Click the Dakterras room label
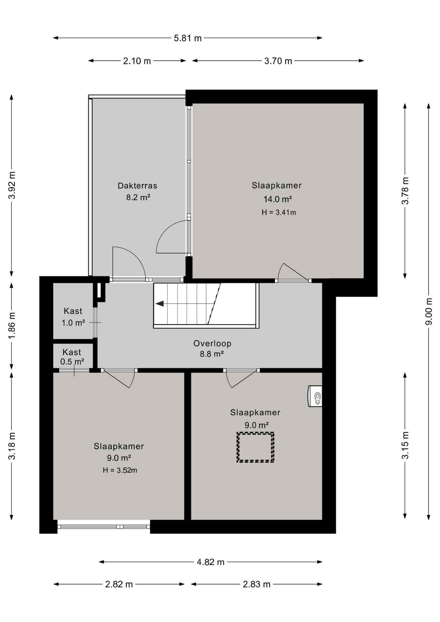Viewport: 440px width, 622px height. pyautogui.click(x=137, y=186)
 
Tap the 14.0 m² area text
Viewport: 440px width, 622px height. pyautogui.click(x=278, y=199)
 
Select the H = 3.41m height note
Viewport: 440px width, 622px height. pyautogui.click(x=279, y=213)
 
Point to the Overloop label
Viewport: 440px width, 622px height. pyautogui.click(x=212, y=343)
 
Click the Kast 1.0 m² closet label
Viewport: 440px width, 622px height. pyautogui.click(x=73, y=317)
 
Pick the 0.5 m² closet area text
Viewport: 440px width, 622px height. pyautogui.click(x=72, y=362)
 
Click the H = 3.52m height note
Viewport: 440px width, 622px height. pyautogui.click(x=120, y=470)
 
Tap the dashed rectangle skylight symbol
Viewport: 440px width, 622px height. pyautogui.click(x=255, y=447)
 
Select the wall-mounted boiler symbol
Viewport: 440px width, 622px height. pyautogui.click(x=315, y=396)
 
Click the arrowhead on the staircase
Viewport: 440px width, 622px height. pyautogui.click(x=159, y=304)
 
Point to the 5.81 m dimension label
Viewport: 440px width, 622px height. pyautogui.click(x=188, y=38)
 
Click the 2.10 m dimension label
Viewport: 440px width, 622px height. pyautogui.click(x=137, y=61)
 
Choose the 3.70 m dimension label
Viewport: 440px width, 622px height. pyautogui.click(x=278, y=61)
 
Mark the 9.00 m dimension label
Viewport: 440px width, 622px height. pyautogui.click(x=429, y=311)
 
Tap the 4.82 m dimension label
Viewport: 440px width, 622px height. pyautogui.click(x=211, y=562)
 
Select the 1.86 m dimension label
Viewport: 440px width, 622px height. pyautogui.click(x=12, y=326)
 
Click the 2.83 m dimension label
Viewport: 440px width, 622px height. pyautogui.click(x=257, y=584)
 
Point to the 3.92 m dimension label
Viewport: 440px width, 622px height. pyautogui.click(x=12, y=185)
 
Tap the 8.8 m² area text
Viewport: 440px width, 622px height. pyautogui.click(x=212, y=354)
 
